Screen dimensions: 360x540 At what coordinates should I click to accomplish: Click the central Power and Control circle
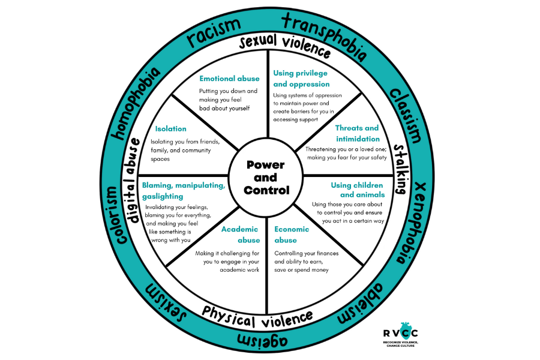265,178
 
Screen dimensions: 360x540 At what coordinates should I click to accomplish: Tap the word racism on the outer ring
213,33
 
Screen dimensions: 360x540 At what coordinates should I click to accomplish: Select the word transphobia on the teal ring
323,36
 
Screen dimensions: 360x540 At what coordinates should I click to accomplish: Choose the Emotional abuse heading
229,79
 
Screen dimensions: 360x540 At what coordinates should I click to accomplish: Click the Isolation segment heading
170,128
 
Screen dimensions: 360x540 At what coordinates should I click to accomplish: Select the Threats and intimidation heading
357,133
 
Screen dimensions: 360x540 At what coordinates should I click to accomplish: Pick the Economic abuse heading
292,235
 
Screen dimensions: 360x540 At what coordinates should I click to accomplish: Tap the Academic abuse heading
240,235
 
